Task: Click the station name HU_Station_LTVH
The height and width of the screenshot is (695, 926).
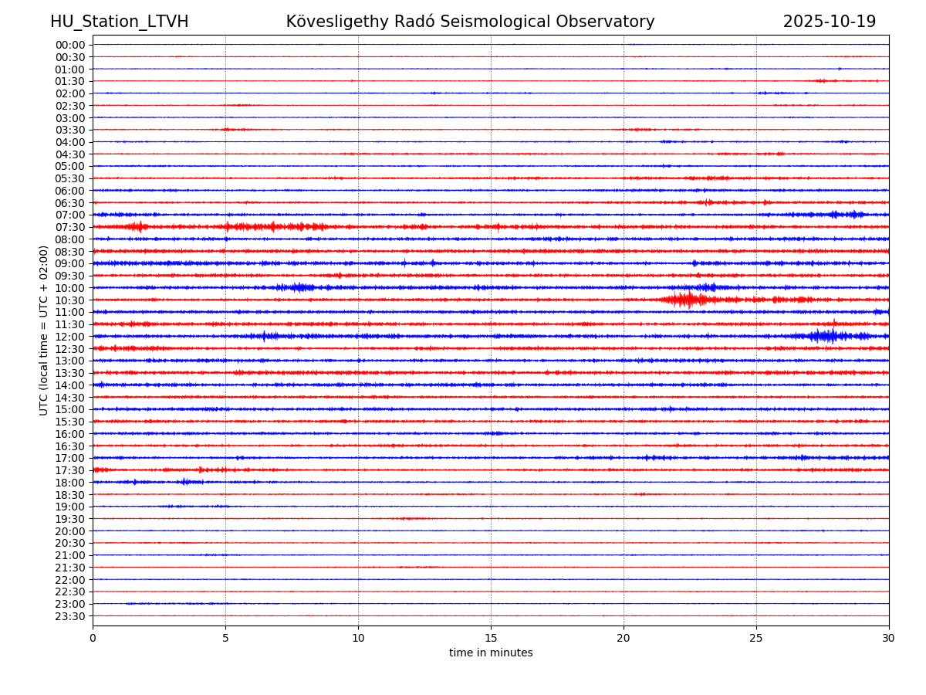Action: coord(119,22)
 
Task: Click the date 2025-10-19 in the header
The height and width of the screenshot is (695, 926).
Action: coord(829,22)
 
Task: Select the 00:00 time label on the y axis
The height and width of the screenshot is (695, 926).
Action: coord(69,45)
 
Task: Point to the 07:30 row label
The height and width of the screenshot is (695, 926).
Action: coord(69,227)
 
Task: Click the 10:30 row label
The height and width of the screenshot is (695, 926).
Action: coord(69,300)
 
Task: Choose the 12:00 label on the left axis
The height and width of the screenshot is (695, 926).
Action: coord(69,337)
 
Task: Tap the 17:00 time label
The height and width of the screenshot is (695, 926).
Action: coord(69,458)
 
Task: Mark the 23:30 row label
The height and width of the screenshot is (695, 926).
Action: coord(69,616)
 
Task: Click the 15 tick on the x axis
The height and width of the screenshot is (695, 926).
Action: coord(491,639)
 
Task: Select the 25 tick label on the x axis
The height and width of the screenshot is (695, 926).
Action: coord(756,639)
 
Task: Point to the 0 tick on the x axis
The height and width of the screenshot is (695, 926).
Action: coord(93,639)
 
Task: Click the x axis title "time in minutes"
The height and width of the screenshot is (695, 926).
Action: coord(491,653)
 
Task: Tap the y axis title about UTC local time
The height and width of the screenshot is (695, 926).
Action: coord(44,330)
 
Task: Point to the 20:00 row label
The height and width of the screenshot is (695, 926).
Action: coord(69,531)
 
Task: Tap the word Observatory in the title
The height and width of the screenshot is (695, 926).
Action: coord(610,22)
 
